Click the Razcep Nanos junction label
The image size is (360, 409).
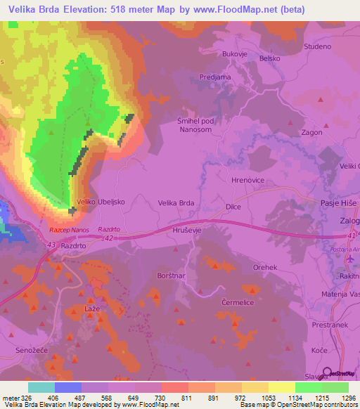point(68,230)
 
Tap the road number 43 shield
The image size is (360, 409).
point(51,244)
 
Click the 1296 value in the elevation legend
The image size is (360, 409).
point(349,398)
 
